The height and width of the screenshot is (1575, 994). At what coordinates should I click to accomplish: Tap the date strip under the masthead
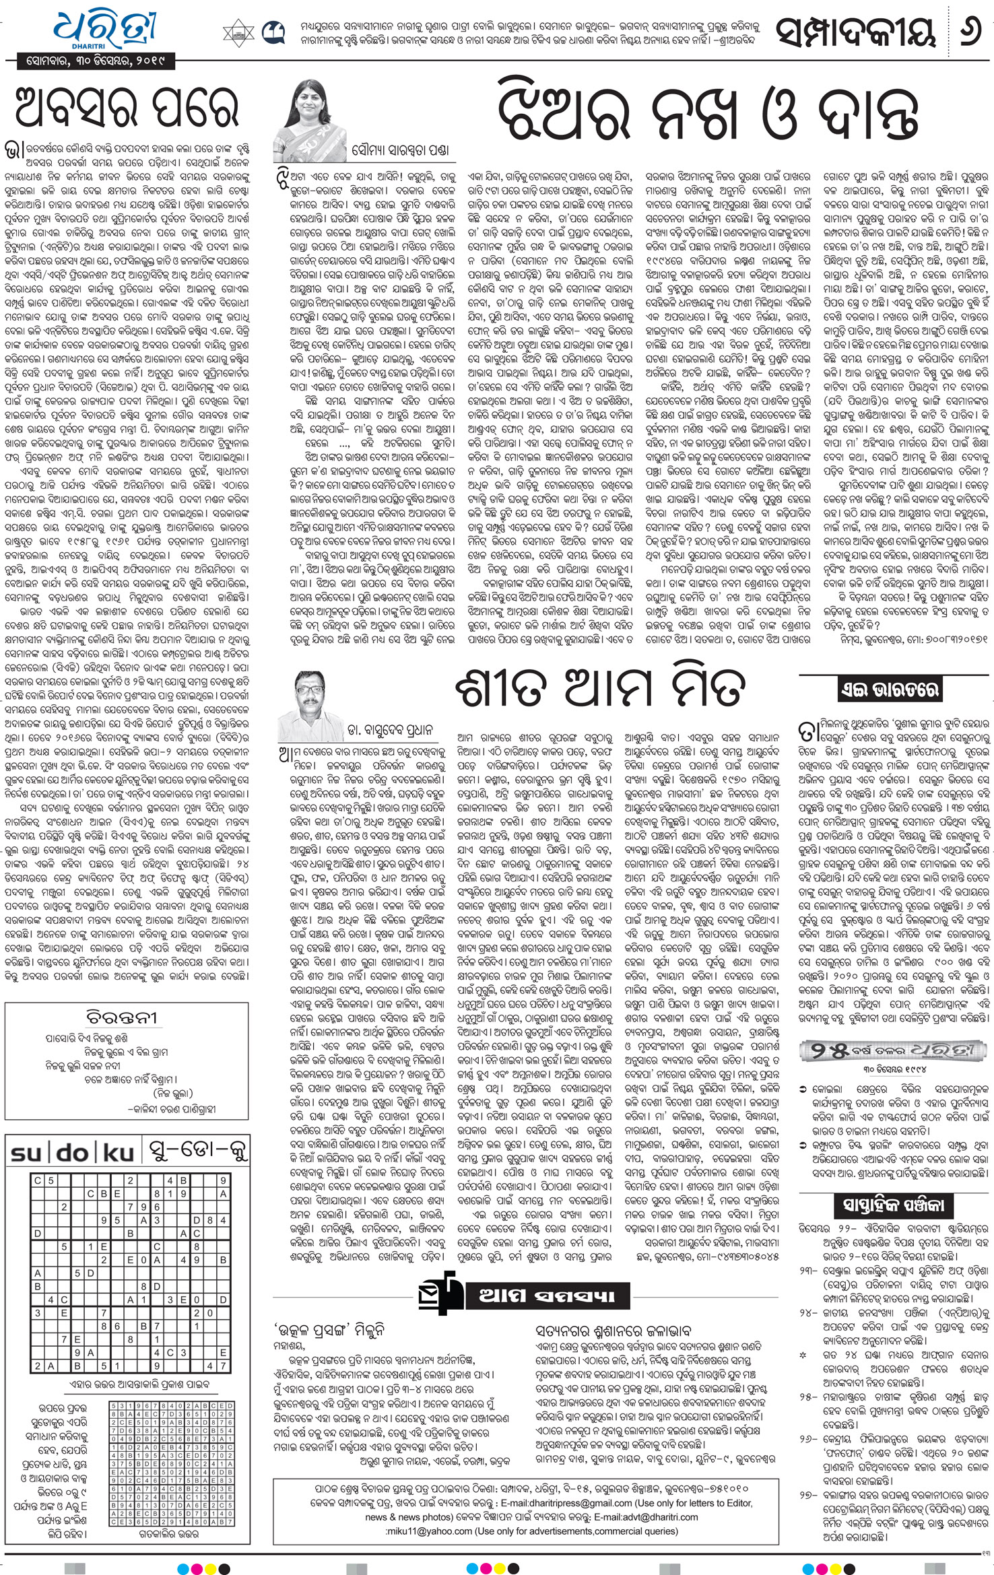(94, 63)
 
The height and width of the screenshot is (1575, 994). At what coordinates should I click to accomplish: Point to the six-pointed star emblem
(239, 31)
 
